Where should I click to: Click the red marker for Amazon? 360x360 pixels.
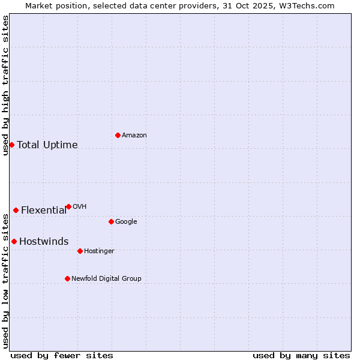[118, 135]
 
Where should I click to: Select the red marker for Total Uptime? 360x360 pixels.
[11, 145]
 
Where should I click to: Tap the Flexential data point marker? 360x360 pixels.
[16, 210]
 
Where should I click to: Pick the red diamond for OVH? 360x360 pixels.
[68, 206]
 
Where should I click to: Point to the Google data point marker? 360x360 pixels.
[111, 221]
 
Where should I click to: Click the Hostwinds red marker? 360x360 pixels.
[14, 241]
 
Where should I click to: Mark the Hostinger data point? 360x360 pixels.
[80, 251]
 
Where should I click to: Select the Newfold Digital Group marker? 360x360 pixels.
[67, 278]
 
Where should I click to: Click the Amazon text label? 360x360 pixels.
[134, 135]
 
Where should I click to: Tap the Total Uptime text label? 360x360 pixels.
[47, 145]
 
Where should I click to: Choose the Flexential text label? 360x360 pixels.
[44, 210]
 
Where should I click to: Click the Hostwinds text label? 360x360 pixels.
[44, 241]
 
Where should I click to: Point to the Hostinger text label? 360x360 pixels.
[99, 251]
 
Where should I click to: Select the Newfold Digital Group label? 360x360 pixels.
[106, 278]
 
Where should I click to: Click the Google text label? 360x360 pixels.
[126, 221]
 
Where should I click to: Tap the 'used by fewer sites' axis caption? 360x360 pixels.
[62, 355]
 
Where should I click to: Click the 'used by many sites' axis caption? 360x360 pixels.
[301, 355]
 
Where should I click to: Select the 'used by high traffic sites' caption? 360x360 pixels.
[5, 85]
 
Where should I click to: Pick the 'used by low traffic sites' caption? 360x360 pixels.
[5, 280]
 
